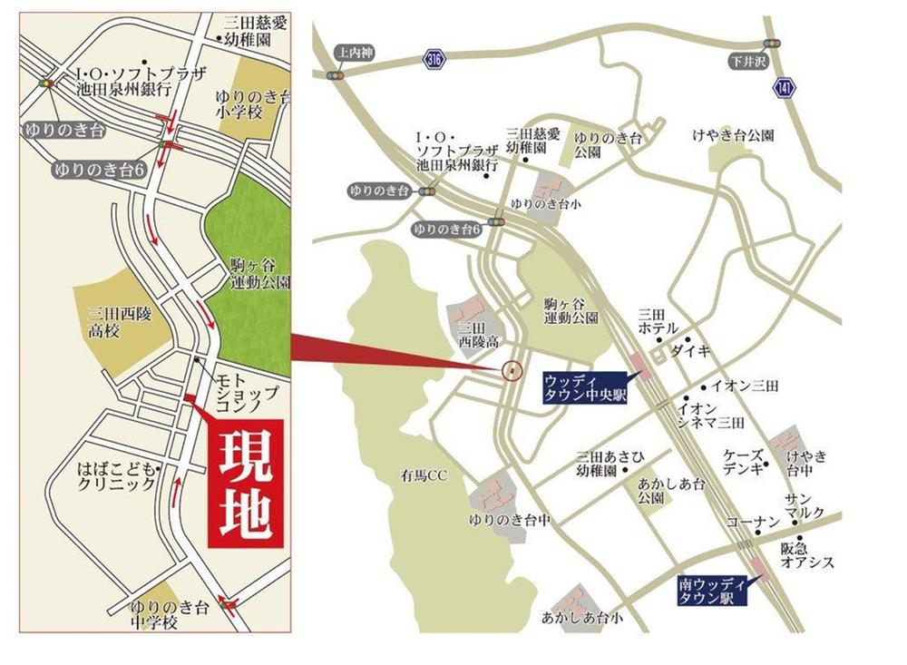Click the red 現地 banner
click(247, 484)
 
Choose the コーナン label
click(753, 523)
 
